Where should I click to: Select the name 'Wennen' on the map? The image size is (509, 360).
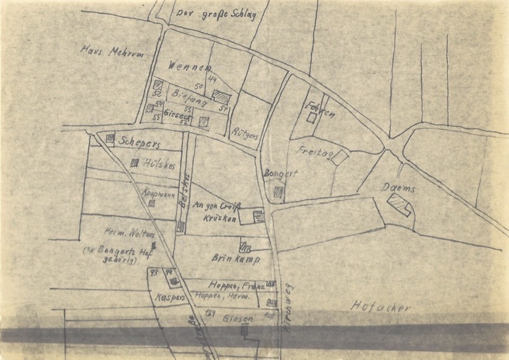193,66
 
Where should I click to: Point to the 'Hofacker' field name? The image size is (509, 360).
381,307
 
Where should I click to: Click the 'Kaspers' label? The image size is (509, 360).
169,297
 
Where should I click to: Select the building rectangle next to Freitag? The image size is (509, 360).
340,157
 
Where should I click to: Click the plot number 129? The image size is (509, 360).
210,312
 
